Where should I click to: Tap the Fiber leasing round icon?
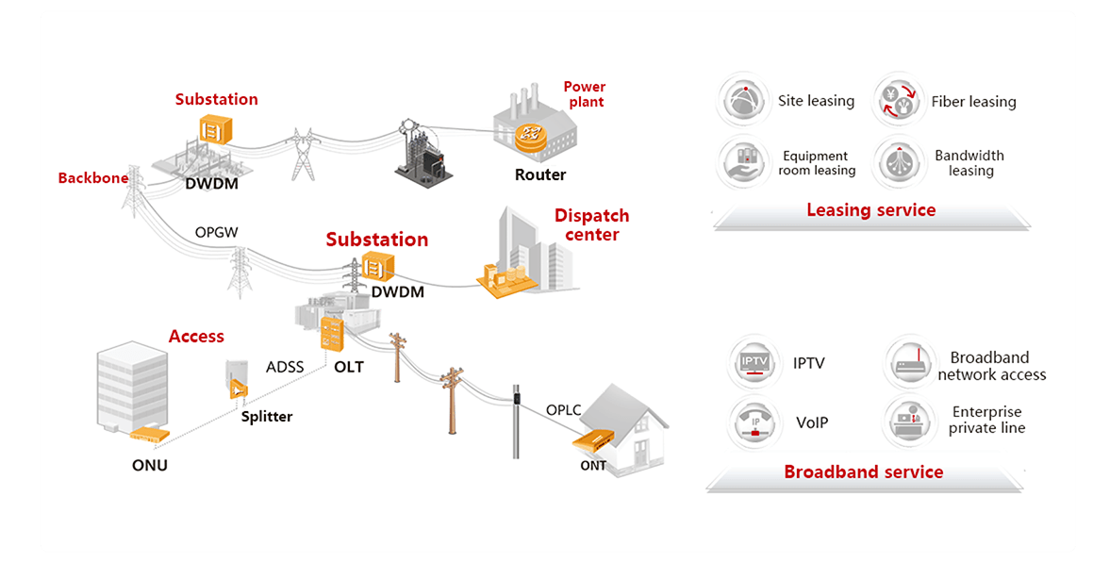(898, 101)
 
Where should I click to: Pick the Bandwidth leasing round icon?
(898, 163)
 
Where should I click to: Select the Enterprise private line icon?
(909, 421)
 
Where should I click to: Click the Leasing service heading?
(870, 210)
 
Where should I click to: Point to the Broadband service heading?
(863, 472)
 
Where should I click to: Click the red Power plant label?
(585, 93)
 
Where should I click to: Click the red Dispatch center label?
(591, 224)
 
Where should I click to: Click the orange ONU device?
(150, 434)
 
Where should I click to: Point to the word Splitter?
(267, 416)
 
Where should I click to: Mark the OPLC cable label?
(563, 409)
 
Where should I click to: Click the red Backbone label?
(92, 178)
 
